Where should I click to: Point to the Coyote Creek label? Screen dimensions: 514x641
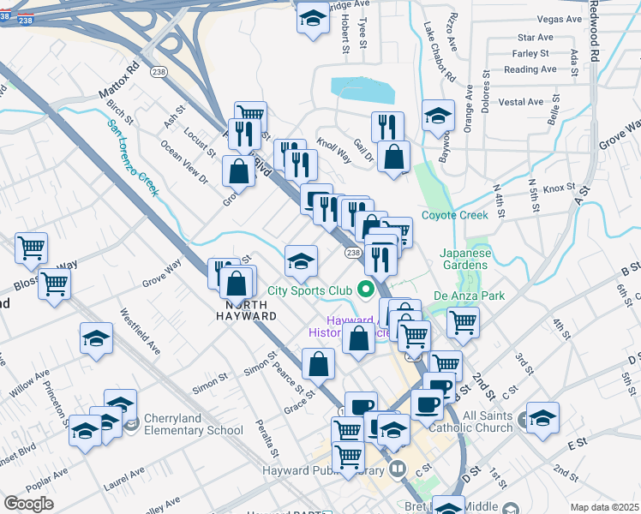pos(454,215)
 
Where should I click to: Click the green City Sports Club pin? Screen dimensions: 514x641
pos(368,289)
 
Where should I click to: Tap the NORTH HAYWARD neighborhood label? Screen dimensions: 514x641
pos(250,310)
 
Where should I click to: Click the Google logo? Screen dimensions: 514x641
pos(29,503)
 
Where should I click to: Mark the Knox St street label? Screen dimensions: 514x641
pos(558,187)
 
